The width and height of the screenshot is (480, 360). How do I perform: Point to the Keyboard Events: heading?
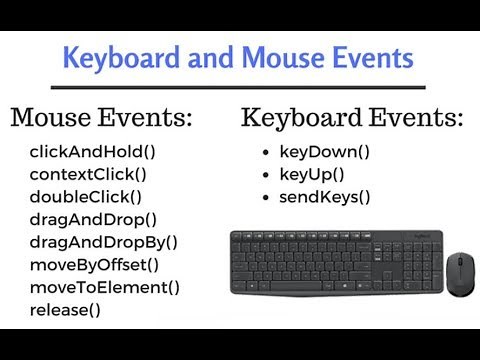pyautogui.click(x=353, y=118)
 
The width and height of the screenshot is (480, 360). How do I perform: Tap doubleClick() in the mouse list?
pyautogui.click(x=85, y=197)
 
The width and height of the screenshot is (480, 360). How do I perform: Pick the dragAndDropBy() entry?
pyautogui.click(x=103, y=241)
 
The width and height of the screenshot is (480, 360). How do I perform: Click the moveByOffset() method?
pyautogui.click(x=94, y=264)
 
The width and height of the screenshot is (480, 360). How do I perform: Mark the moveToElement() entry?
pyautogui.click(x=104, y=287)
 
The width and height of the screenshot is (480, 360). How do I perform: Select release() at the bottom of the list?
pyautogui.click(x=65, y=309)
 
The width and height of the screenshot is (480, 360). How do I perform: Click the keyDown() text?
pyautogui.click(x=324, y=153)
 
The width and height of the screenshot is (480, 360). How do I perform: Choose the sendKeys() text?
pyautogui.click(x=324, y=197)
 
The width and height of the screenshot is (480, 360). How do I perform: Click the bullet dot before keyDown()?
pyautogui.click(x=264, y=153)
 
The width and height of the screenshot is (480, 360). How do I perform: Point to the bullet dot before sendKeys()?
pyautogui.click(x=264, y=197)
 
